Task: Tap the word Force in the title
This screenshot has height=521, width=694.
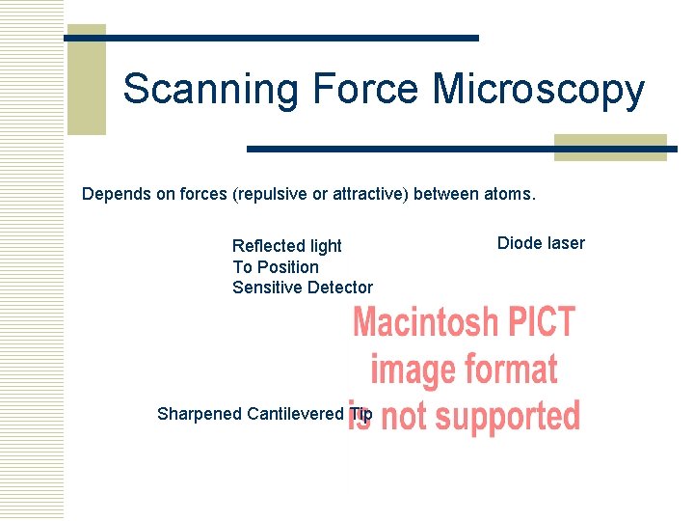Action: (365, 89)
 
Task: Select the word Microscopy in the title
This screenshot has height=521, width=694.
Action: (538, 89)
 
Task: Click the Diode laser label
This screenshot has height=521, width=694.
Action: (541, 243)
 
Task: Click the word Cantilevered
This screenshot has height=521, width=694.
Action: (295, 414)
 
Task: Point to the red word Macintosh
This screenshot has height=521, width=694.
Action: (425, 322)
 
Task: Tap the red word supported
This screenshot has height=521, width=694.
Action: (505, 416)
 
